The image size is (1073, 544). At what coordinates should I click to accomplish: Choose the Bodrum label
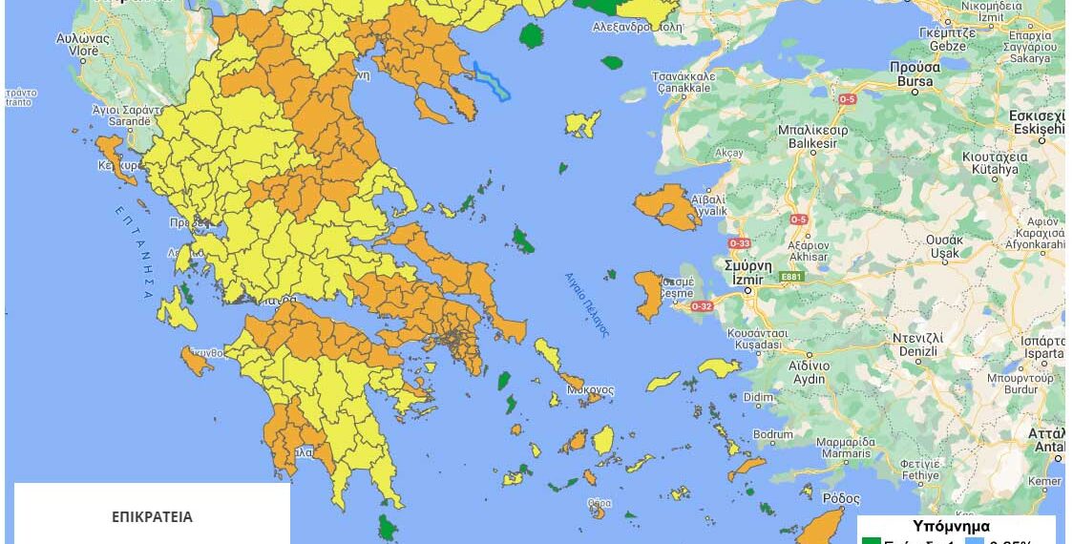pos(772,434)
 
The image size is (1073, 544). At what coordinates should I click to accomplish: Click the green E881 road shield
pos(792,278)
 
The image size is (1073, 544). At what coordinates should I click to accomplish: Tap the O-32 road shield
pos(702,305)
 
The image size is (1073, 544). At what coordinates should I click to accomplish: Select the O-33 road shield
pos(739,243)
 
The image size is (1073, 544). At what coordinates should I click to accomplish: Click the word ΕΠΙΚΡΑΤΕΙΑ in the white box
pos(152,517)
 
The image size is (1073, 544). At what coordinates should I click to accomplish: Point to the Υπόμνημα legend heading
pos(951,526)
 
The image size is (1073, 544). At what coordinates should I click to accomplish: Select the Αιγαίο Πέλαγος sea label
pos(586,302)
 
